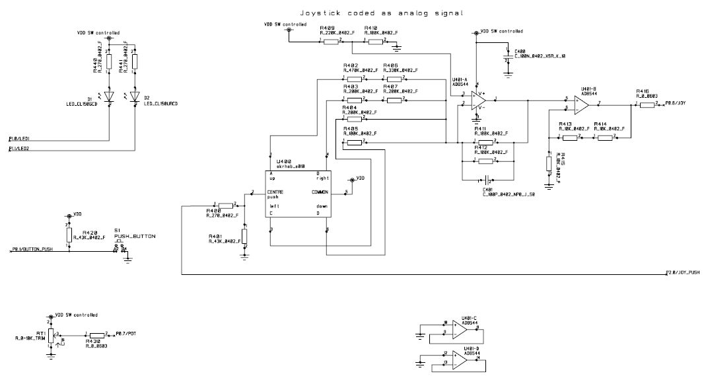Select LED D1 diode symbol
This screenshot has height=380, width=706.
click(x=110, y=96)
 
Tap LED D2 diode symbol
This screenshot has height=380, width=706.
click(x=135, y=96)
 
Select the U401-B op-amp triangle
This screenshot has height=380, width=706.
click(x=581, y=104)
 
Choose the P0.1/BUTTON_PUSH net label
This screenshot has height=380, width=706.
click(x=33, y=249)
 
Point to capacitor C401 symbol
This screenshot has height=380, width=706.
click(x=487, y=179)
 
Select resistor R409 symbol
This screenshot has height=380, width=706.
click(x=330, y=41)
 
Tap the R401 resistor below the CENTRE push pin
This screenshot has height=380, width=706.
click(x=244, y=236)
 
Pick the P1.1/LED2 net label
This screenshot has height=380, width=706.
click(x=20, y=149)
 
